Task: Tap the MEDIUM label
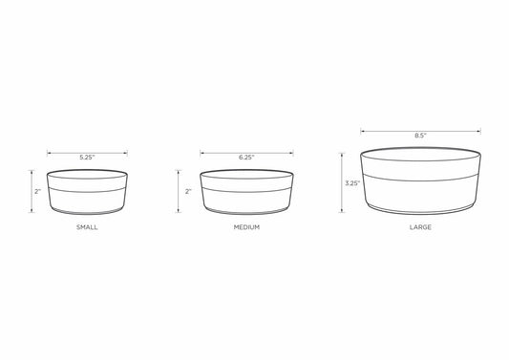coord(245,229)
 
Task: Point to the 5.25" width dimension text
coord(86,155)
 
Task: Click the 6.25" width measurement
coord(245,156)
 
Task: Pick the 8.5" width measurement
coord(420,136)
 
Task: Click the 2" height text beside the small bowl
coord(37,192)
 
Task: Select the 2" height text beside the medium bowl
coord(188,192)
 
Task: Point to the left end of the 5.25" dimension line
coord(48,149)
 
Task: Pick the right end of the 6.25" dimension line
coord(291,149)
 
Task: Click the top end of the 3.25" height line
coord(340,152)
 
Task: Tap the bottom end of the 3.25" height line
coord(340,213)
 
